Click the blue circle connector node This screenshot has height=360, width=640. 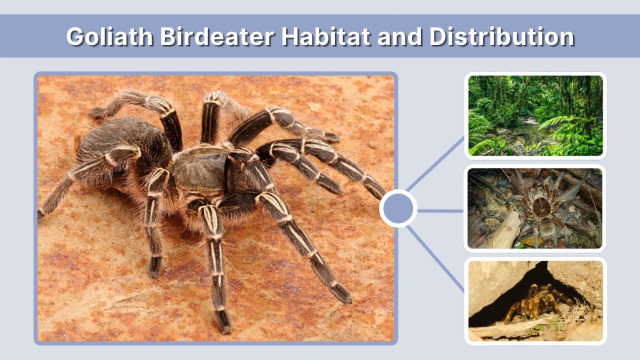398,208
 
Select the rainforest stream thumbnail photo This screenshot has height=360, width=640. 535,115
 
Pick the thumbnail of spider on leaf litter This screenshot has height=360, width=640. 535,208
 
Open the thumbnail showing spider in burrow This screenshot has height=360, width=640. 535,301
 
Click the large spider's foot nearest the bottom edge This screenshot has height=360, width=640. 223,322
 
